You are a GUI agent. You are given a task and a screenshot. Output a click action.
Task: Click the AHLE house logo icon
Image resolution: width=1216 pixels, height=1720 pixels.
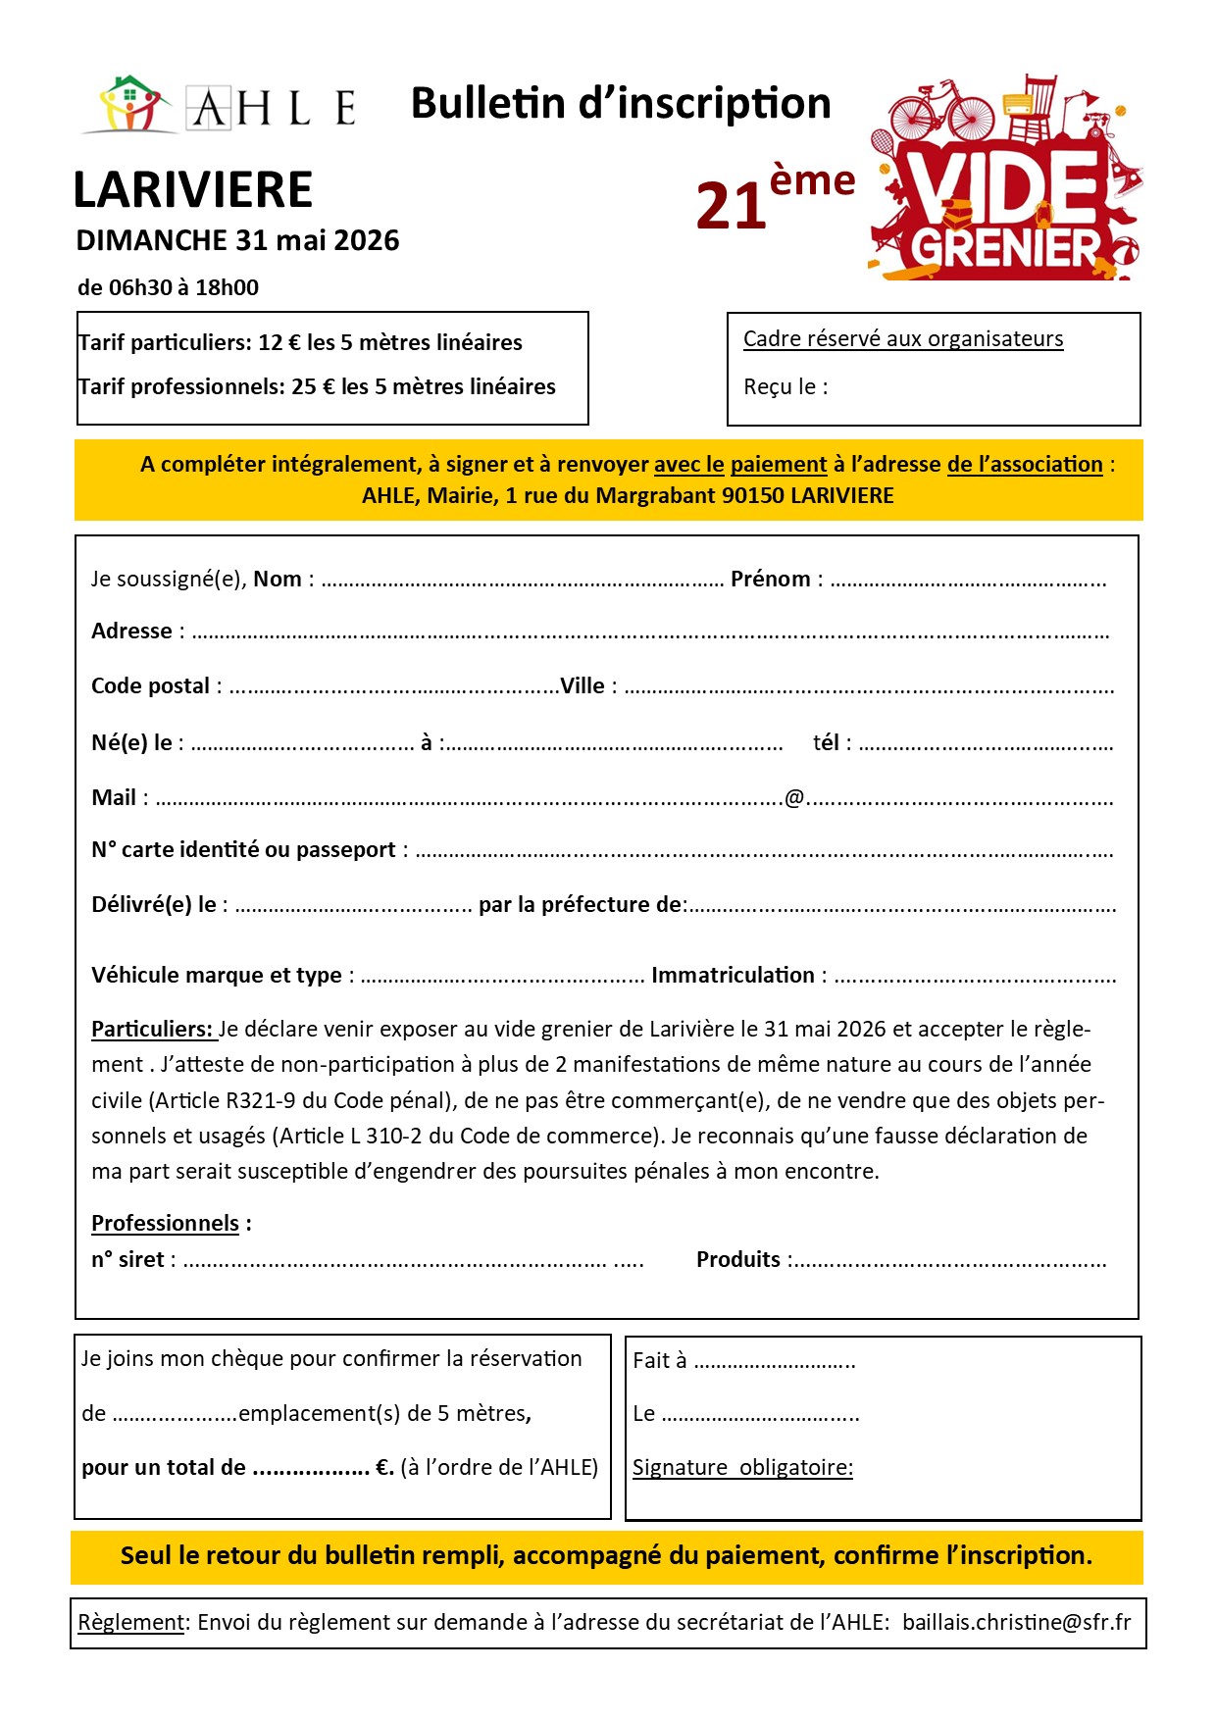[132, 103]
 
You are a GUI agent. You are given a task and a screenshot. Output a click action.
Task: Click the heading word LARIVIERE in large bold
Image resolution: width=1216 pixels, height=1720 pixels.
[193, 190]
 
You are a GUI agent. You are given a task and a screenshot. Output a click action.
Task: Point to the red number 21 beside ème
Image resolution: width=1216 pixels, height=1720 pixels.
[732, 207]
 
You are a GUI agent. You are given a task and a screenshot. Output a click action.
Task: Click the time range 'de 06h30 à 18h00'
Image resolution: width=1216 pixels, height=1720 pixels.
[169, 288]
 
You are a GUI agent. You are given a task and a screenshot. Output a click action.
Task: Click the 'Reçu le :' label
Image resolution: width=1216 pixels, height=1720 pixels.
[785, 387]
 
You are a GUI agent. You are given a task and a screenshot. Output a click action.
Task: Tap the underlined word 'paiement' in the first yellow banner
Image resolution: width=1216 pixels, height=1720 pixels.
[779, 465]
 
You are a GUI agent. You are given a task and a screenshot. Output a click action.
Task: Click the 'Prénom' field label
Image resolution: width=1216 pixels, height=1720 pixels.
[771, 580]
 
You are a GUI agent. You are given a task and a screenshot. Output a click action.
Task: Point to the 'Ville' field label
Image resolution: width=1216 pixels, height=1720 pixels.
[583, 686]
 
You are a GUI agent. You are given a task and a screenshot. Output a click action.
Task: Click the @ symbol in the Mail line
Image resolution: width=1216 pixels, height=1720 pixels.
[794, 798]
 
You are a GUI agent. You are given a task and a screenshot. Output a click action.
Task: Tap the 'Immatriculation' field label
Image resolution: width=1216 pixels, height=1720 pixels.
[733, 976]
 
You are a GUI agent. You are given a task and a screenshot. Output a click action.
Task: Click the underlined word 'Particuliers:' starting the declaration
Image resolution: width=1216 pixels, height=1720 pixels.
[152, 1030]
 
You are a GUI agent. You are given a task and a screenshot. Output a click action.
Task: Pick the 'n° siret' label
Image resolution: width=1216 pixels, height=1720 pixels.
[128, 1260]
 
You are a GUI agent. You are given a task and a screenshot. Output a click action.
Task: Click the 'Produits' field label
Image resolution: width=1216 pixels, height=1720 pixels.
[738, 1260]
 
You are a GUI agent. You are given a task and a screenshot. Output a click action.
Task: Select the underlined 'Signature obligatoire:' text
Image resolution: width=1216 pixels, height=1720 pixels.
[742, 1468]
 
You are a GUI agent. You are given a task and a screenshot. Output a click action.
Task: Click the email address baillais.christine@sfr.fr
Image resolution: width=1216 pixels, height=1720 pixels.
[1016, 1623]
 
